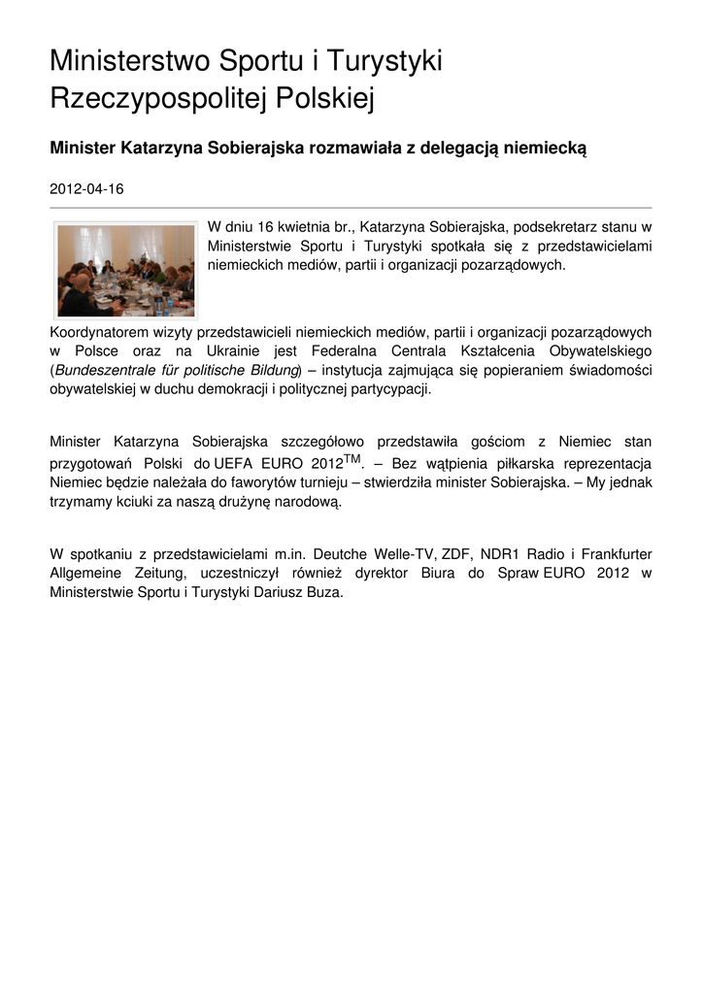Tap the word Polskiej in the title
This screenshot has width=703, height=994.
tap(325, 98)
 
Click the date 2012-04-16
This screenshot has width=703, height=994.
tap(86, 190)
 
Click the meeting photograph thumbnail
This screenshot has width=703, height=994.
tap(125, 271)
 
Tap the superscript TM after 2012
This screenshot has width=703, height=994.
tap(352, 457)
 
